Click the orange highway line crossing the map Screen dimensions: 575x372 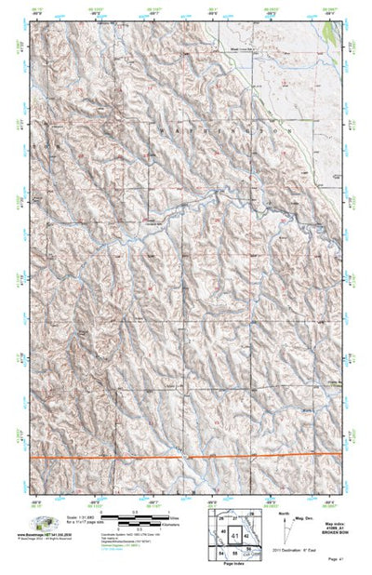[x=112, y=458]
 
